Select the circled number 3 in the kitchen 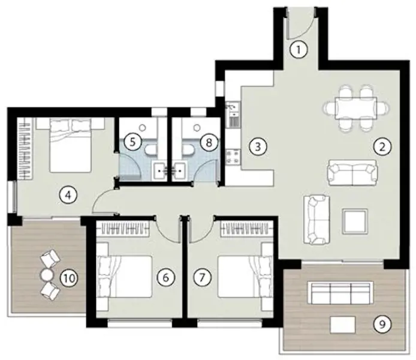tap(257, 145)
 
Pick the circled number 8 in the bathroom tap(208, 142)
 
